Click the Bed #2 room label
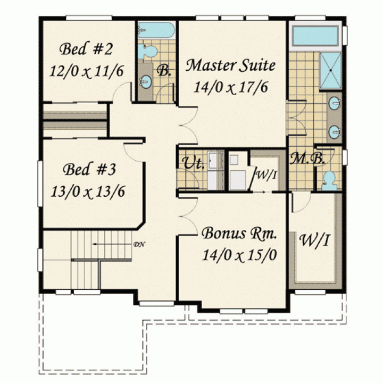[86, 49]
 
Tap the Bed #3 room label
[89, 169]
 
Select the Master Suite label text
[230, 65]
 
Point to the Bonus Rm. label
[239, 233]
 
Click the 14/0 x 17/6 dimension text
[230, 87]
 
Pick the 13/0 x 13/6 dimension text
[88, 191]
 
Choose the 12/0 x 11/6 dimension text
[87, 71]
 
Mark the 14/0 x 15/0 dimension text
[239, 255]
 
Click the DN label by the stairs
[139, 244]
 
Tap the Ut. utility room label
[194, 163]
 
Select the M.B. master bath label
[307, 159]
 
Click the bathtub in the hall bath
[156, 30]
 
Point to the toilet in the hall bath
[147, 51]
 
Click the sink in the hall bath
[146, 81]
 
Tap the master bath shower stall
[330, 71]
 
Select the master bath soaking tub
[315, 36]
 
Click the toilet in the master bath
[327, 181]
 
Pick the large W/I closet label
[314, 240]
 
